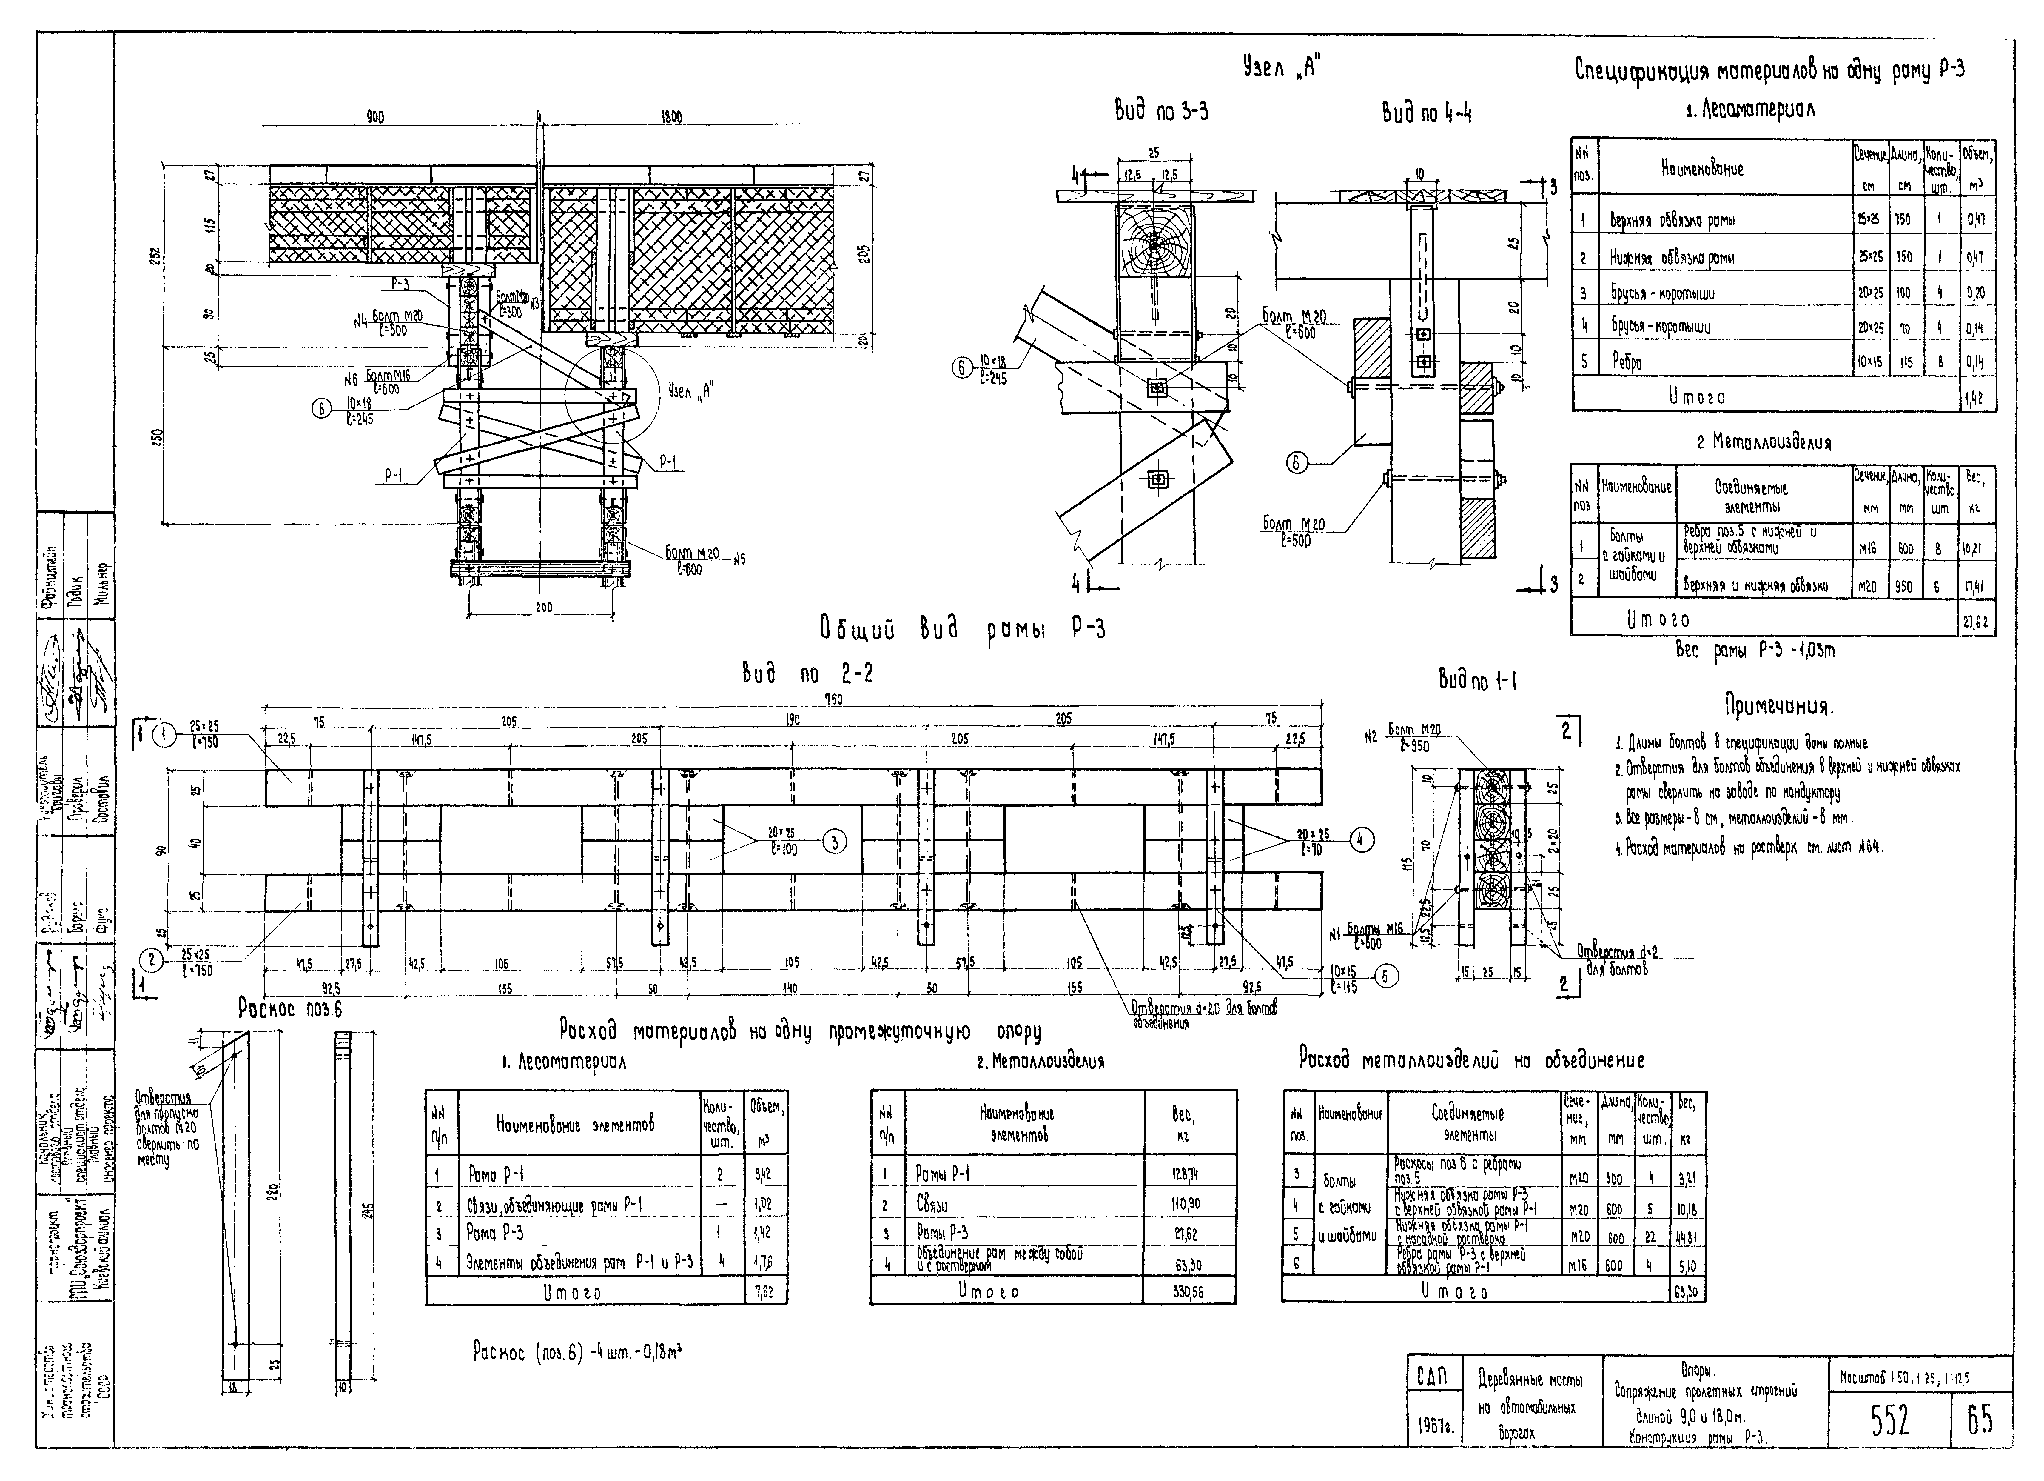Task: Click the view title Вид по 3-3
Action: (x=1162, y=112)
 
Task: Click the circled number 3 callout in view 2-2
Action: (x=835, y=843)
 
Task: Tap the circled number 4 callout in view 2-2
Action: (x=1363, y=840)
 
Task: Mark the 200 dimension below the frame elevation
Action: (x=543, y=608)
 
